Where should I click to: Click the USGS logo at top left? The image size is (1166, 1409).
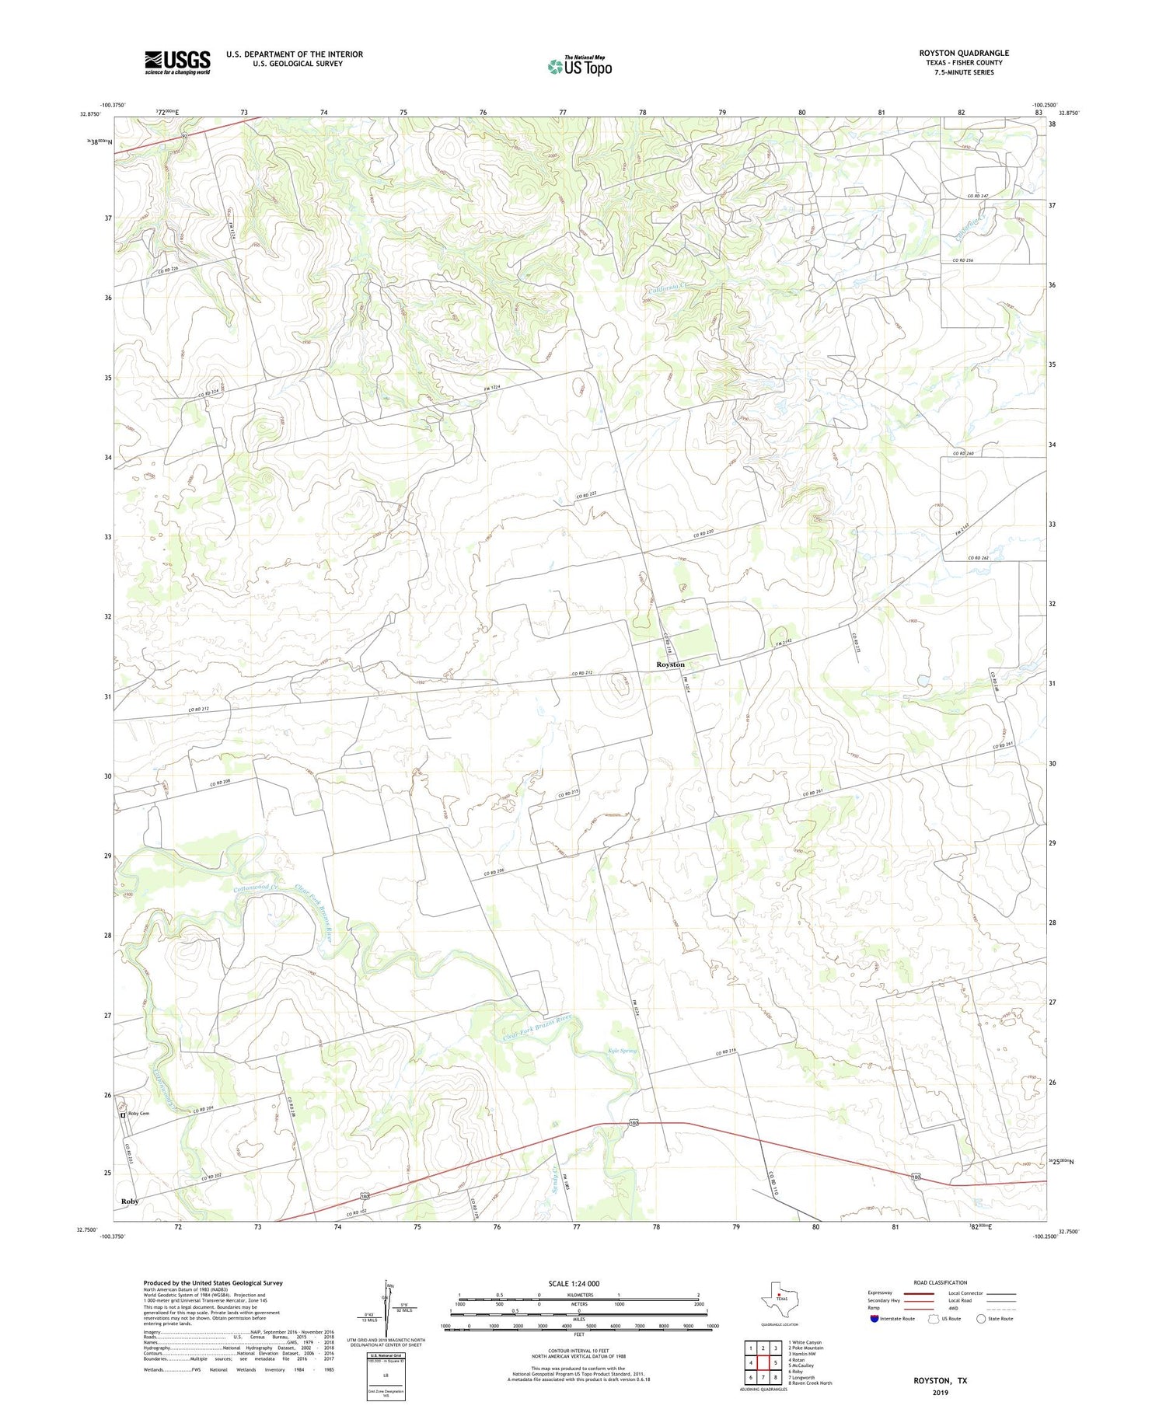point(177,62)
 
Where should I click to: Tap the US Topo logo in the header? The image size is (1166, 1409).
point(580,66)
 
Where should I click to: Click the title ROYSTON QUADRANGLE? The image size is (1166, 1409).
point(964,53)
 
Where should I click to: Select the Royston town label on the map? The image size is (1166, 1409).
point(670,664)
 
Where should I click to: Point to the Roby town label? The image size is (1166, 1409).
point(130,1201)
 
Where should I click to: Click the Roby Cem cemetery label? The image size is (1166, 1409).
point(138,1114)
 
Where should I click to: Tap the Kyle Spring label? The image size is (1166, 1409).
point(622,1051)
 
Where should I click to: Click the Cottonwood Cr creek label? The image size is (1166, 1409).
point(255,888)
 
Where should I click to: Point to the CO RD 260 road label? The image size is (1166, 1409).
point(963,453)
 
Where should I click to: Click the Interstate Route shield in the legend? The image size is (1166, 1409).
point(874,1319)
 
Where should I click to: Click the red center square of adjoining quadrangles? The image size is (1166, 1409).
point(763,1362)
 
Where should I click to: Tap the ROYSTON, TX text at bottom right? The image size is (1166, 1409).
point(941,1380)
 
